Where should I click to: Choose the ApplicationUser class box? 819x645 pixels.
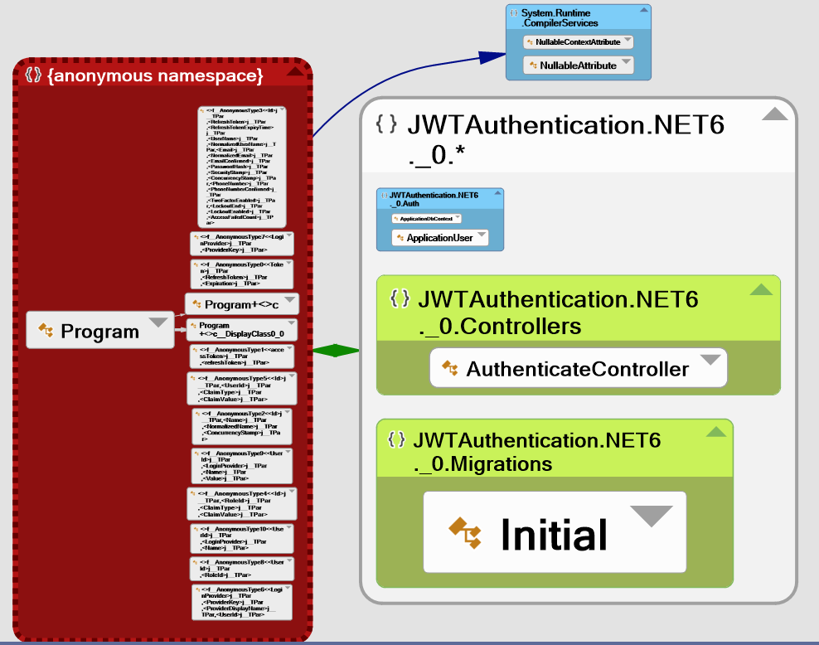click(439, 238)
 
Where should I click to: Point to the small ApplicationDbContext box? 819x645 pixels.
click(426, 219)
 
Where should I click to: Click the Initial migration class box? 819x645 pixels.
click(554, 532)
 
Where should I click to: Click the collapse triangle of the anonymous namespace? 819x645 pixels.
click(294, 73)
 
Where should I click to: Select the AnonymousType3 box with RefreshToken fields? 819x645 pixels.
click(242, 166)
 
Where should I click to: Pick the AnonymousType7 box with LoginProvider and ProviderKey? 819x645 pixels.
click(240, 242)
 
